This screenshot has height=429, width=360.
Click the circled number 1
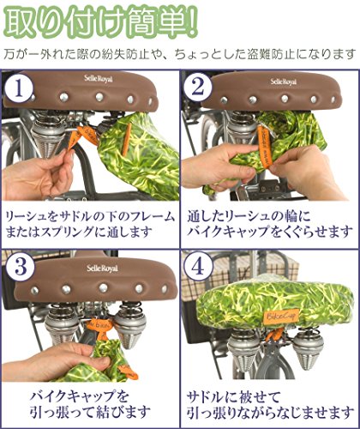coord(19,88)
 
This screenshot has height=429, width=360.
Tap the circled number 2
coord(198,88)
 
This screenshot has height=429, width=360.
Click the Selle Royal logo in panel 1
coord(99,78)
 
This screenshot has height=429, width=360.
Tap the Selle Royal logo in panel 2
coord(283,82)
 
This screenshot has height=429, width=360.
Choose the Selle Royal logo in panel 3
coord(102,269)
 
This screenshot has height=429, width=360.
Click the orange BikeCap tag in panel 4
coord(280,316)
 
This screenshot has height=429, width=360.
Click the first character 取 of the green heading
coord(20,21)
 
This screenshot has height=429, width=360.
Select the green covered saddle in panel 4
coord(273,300)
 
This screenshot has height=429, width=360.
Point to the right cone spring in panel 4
coord(308,350)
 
